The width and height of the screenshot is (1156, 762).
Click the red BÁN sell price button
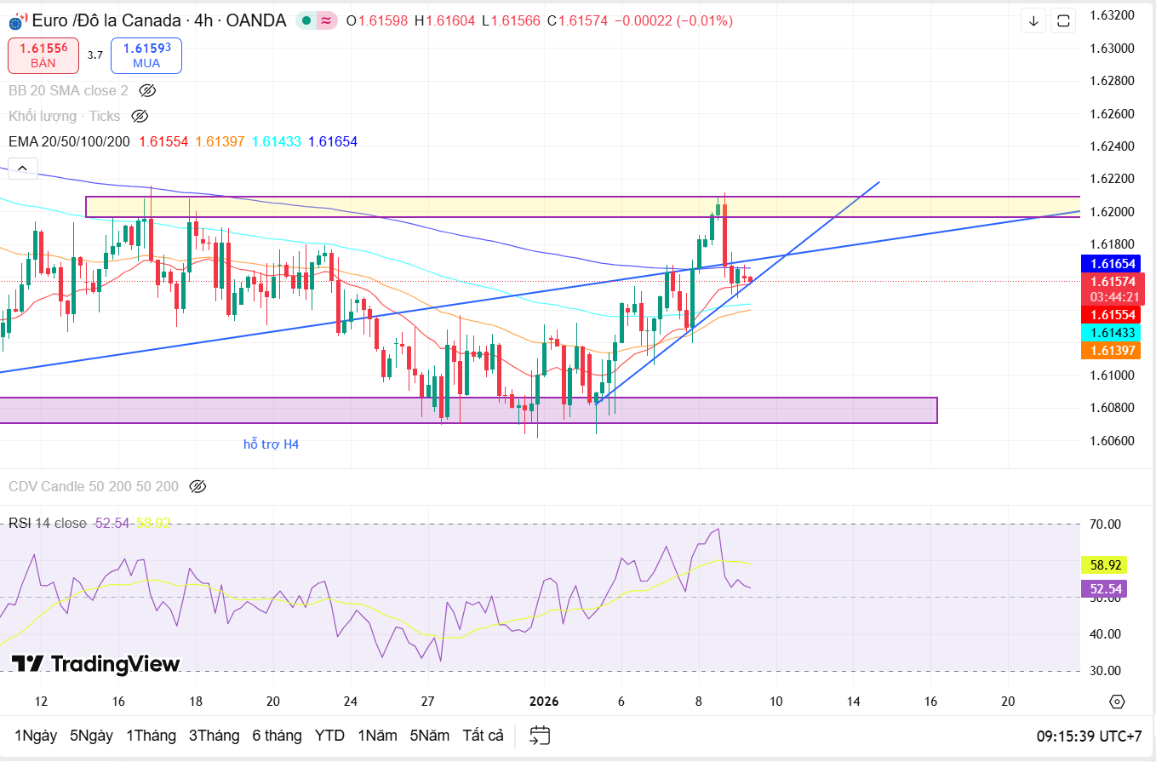(43, 55)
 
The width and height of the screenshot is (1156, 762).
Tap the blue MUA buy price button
(146, 55)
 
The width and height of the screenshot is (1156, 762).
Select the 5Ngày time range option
(91, 736)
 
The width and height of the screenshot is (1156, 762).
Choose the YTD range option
(329, 736)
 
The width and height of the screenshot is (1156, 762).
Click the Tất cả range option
(483, 736)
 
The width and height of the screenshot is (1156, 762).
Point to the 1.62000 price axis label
(1111, 211)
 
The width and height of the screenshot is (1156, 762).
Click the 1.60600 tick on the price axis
(1111, 440)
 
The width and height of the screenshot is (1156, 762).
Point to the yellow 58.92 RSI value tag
(1103, 564)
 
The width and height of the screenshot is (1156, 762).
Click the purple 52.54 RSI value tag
(1103, 588)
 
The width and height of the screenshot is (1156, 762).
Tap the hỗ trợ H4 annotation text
(271, 444)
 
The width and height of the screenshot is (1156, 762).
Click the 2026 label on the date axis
(544, 702)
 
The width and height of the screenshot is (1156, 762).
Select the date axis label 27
(428, 702)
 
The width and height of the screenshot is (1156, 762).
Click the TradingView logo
(95, 664)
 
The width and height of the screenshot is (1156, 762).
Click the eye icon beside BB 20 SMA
(147, 90)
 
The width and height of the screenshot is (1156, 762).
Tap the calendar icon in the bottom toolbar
(540, 736)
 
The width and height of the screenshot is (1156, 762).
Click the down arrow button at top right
(1034, 20)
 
